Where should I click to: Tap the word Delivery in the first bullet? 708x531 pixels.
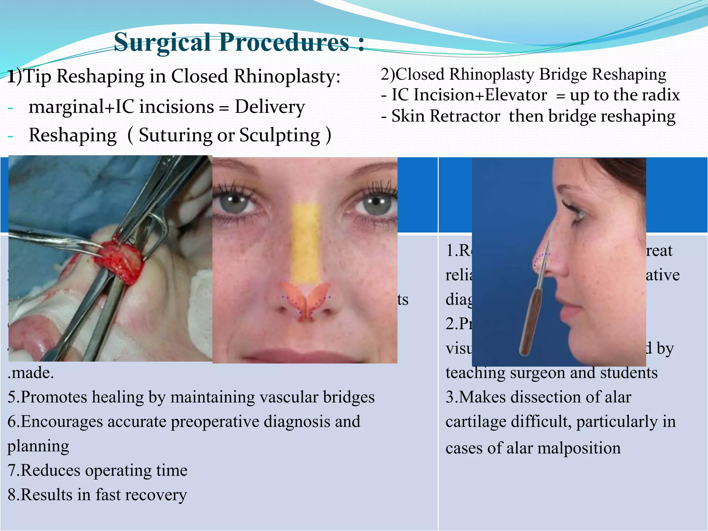(x=270, y=106)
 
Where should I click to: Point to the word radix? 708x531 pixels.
(x=662, y=95)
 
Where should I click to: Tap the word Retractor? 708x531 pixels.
(x=463, y=116)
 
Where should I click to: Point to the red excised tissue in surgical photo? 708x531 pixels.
(x=119, y=259)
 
